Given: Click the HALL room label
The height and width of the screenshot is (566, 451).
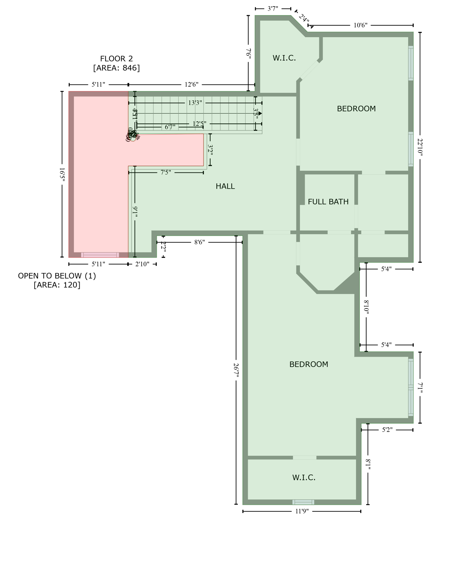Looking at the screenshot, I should [225, 186].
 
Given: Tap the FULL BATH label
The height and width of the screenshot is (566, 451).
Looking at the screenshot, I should [328, 202].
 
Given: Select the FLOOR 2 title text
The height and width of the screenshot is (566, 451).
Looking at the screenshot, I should [116, 59].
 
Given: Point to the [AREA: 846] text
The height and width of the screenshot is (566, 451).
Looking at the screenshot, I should [116, 68].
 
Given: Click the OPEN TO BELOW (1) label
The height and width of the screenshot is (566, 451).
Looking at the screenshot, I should [57, 276].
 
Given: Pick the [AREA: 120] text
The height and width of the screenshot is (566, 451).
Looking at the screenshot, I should [57, 285].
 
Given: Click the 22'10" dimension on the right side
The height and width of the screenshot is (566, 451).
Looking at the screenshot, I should [420, 147].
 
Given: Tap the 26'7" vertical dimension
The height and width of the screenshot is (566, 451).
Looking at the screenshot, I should [236, 370].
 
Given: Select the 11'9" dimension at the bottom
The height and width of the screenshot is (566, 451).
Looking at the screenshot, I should [302, 511].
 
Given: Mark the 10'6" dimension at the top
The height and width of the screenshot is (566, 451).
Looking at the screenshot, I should [360, 25].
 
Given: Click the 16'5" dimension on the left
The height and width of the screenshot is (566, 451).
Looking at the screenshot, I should [62, 174].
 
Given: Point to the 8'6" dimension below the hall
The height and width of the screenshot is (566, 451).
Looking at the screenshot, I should [199, 242].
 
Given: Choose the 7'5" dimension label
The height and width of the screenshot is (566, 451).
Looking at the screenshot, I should [166, 172].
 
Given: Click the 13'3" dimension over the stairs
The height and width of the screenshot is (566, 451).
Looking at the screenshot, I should [195, 103].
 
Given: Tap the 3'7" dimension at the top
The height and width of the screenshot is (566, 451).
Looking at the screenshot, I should [273, 8].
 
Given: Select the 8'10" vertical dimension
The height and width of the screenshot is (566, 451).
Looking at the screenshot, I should [366, 307].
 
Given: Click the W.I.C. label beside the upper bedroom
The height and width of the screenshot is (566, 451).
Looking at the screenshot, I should [284, 58].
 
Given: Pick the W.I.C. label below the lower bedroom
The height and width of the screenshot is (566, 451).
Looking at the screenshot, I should [303, 478].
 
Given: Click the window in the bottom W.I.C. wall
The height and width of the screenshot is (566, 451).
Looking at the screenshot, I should [303, 502].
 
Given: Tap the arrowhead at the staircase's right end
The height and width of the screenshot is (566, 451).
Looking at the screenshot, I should [260, 113].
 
